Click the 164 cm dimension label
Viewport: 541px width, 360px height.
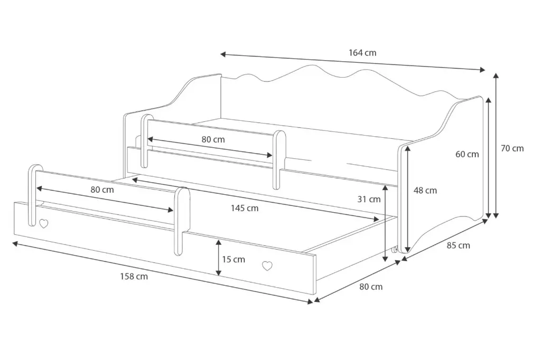[362, 53]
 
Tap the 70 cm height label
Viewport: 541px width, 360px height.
[512, 148]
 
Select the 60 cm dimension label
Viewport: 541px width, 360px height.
[468, 154]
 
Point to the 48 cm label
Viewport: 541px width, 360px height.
[426, 191]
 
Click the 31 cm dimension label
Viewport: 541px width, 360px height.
[369, 199]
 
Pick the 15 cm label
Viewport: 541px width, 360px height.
[234, 259]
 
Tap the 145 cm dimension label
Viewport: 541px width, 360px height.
[245, 208]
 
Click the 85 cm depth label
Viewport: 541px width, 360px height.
[458, 245]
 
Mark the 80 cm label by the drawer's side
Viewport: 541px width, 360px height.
[371, 287]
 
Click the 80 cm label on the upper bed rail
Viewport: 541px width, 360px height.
[213, 140]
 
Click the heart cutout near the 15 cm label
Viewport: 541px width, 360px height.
[268, 266]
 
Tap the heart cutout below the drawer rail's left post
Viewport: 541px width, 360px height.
[43, 223]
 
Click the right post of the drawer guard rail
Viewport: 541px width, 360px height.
[181, 219]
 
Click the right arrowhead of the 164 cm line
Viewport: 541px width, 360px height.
[482, 70]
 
